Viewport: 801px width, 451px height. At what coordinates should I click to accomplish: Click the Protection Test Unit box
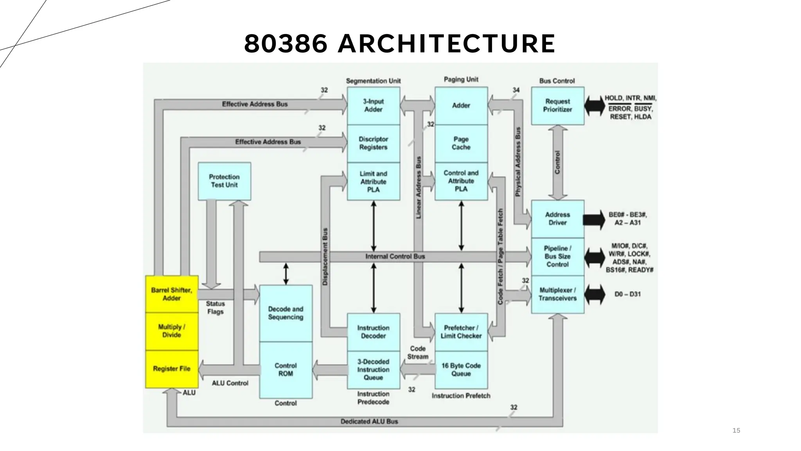point(224,181)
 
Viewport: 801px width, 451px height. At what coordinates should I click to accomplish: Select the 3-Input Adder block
point(374,106)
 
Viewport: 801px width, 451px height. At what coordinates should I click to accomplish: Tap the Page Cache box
point(461,143)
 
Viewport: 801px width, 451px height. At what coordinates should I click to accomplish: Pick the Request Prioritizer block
point(557,106)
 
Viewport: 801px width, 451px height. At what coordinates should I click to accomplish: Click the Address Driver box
point(557,218)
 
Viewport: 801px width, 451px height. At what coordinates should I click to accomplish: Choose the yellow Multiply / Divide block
point(172,331)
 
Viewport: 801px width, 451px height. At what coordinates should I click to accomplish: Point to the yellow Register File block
point(172,369)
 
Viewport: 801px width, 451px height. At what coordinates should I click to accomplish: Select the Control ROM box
point(286,370)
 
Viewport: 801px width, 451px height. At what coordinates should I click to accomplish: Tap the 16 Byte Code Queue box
point(461,370)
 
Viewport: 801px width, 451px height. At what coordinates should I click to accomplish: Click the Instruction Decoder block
point(374,332)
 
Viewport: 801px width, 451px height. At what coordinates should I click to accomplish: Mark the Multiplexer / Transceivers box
point(557,294)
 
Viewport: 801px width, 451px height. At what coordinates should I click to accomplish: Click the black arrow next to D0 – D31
point(594,294)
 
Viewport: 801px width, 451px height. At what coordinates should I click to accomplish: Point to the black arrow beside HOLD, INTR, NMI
point(594,106)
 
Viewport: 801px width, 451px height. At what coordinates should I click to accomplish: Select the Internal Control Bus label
point(395,256)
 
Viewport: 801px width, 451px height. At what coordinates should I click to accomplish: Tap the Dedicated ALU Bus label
point(369,422)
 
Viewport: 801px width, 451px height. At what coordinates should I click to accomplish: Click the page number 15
point(736,431)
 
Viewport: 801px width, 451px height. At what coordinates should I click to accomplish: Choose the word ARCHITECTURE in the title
point(446,43)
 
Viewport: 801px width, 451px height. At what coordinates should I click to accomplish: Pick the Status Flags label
point(216,308)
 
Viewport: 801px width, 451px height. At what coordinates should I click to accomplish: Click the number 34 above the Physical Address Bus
point(516,90)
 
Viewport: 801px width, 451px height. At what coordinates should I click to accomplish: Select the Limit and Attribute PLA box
point(374,182)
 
